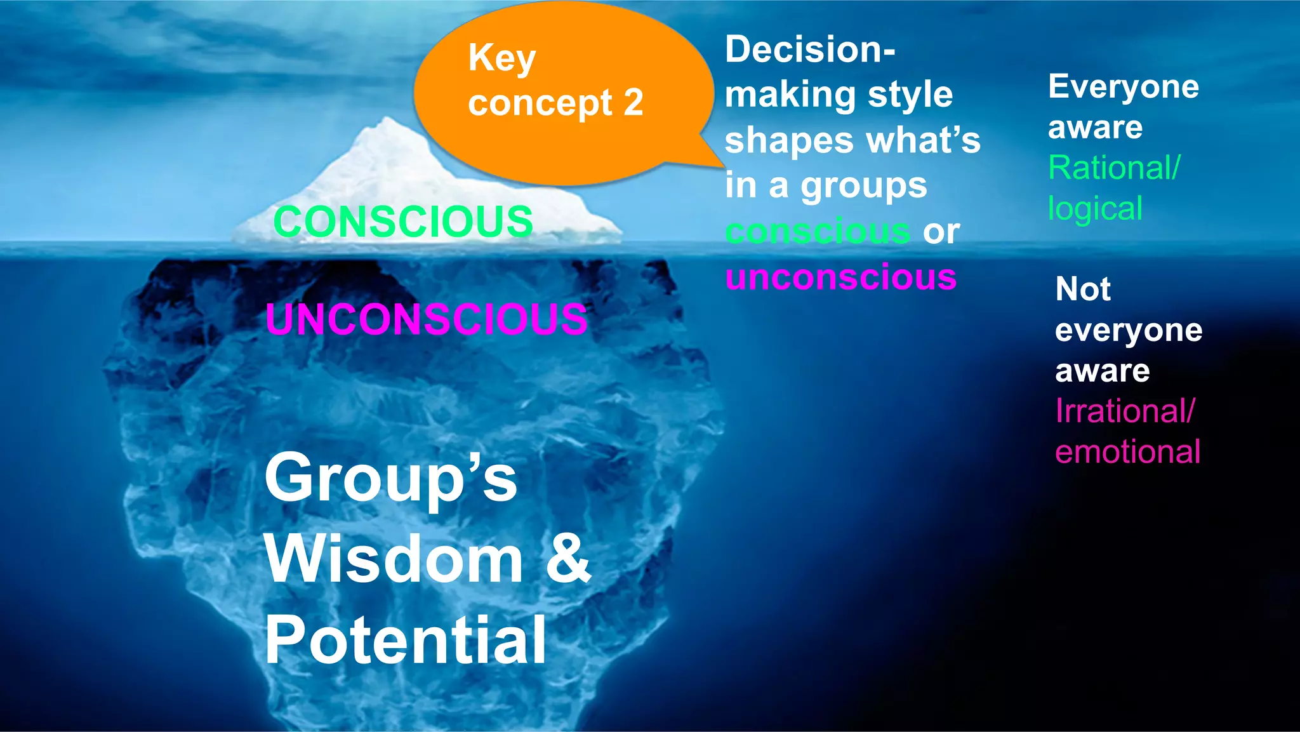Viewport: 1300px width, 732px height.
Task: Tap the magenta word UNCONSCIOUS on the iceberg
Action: tap(427, 319)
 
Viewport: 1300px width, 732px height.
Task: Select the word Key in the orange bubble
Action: tap(502, 59)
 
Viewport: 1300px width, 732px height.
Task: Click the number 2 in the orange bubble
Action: tap(633, 102)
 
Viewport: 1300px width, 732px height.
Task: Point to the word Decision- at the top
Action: tap(810, 50)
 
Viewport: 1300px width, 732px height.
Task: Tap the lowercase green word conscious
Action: tap(818, 231)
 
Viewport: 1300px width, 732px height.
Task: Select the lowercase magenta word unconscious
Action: tap(841, 277)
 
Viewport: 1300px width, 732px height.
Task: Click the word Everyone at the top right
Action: tap(1124, 87)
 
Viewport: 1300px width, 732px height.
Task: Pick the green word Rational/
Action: tap(1114, 168)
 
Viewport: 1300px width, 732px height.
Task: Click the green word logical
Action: tap(1095, 209)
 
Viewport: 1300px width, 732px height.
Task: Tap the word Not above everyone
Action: tap(1083, 289)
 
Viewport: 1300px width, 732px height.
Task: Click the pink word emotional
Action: tap(1127, 452)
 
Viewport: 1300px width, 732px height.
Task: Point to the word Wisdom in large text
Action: tap(394, 559)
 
